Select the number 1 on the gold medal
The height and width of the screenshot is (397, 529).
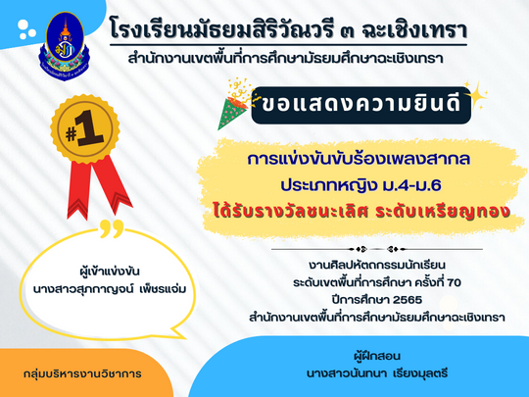90,128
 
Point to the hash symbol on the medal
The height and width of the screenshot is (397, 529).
71,134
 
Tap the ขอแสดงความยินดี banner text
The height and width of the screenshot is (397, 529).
361,104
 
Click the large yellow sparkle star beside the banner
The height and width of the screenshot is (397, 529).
476,95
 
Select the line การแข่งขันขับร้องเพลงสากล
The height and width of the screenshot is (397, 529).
359,160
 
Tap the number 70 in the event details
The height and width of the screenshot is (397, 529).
454,282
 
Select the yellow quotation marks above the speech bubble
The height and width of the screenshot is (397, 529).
112,228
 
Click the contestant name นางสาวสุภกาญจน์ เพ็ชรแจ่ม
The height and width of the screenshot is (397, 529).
110,289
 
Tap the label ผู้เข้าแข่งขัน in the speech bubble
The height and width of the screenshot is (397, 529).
110,272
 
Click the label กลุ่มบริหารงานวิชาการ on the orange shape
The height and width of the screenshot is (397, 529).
82,374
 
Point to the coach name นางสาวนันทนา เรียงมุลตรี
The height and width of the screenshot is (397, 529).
377,373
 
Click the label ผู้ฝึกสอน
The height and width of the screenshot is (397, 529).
377,356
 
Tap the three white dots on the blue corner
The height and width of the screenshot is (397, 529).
26,29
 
